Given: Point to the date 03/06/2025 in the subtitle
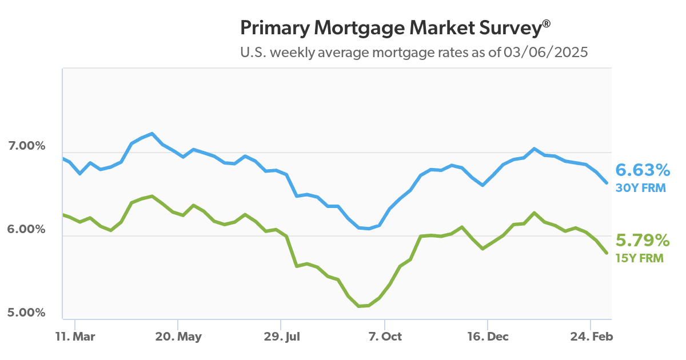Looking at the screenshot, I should pyautogui.click(x=546, y=53).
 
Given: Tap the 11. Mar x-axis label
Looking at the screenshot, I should pyautogui.click(x=74, y=337).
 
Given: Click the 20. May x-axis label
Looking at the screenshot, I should pyautogui.click(x=178, y=337).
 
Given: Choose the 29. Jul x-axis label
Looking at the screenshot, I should pyautogui.click(x=281, y=337).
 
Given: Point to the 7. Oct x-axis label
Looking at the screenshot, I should pyautogui.click(x=385, y=337).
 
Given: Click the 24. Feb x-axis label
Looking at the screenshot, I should pyautogui.click(x=591, y=337).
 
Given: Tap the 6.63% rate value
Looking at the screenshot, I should pyautogui.click(x=642, y=170).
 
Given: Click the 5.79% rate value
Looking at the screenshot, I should pyautogui.click(x=642, y=240).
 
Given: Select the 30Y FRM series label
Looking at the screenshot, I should pyautogui.click(x=640, y=187).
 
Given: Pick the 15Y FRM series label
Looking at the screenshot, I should pyautogui.click(x=639, y=258).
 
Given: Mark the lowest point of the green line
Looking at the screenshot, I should pyautogui.click(x=359, y=306).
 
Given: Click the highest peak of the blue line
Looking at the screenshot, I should pyautogui.click(x=151, y=134).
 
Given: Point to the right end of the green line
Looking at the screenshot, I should pyautogui.click(x=607, y=253).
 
